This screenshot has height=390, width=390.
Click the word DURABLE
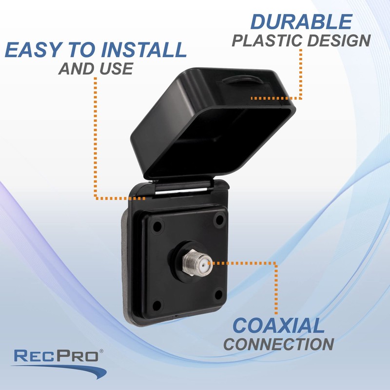[301, 22]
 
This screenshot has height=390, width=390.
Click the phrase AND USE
[96, 69]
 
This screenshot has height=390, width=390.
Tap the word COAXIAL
[278, 326]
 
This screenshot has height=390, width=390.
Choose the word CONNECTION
[279, 343]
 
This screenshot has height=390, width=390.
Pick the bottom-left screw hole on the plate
[157, 305]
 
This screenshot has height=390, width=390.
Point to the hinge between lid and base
[180, 187]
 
